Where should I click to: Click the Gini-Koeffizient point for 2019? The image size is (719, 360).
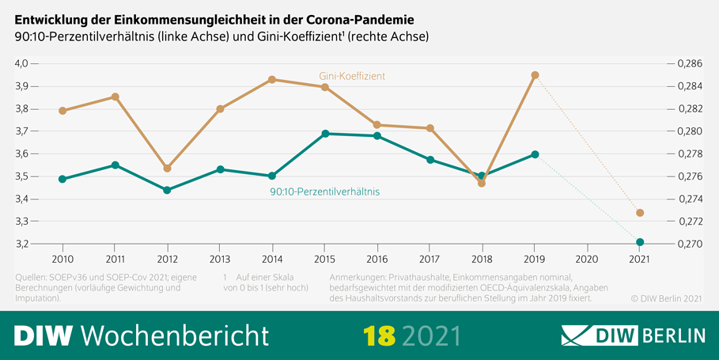click(535, 75)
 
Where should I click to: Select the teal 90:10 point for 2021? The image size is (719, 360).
click(640, 242)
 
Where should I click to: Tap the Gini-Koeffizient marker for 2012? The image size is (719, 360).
click(167, 169)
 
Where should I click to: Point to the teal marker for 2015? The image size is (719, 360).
click(324, 134)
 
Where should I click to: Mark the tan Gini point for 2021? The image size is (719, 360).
click(640, 213)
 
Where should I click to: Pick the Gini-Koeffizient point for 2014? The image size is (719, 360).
click(272, 79)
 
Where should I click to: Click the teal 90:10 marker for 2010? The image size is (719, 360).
click(62, 179)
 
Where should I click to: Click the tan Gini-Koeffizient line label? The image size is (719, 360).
click(352, 76)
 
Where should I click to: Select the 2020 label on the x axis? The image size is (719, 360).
click(587, 259)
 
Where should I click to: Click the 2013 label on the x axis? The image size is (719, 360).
click(220, 259)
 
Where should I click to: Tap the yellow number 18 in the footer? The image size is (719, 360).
click(379, 335)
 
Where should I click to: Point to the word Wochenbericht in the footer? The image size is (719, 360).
click(175, 335)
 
